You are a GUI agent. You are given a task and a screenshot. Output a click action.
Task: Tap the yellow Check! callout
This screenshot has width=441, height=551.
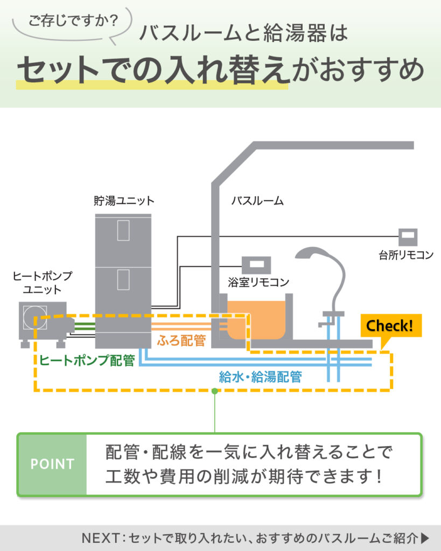coord(390,326)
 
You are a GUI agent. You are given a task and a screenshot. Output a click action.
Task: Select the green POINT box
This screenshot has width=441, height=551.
coord(52,464)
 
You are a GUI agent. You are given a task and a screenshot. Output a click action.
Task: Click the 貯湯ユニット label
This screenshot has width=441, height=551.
coord(123,201)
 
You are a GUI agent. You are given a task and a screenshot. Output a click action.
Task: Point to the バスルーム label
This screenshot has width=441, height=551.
coord(257,201)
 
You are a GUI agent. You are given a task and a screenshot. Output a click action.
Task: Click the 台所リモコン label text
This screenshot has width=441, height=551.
coord(406,255)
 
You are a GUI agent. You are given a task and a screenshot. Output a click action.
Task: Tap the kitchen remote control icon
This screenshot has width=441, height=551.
coord(408,237)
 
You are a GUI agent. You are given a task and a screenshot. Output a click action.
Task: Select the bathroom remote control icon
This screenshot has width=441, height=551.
coord(256,265)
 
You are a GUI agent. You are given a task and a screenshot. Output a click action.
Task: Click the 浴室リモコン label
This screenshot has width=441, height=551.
coord(258,282)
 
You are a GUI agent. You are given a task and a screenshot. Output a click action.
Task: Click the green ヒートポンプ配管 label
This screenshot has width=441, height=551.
coord(87,360)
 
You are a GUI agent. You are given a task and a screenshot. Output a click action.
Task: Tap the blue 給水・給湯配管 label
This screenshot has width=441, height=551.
coord(260,377)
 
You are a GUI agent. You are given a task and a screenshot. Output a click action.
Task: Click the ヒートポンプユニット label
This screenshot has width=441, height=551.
coord(43,281)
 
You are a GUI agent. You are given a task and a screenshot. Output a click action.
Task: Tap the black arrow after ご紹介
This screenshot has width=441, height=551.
coord(425,538)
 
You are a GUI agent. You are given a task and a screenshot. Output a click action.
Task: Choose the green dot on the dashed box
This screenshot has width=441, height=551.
coord(215,391)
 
